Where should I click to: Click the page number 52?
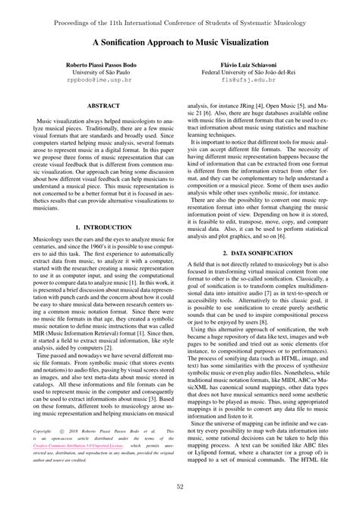pyautogui.click(x=180, y=486)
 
